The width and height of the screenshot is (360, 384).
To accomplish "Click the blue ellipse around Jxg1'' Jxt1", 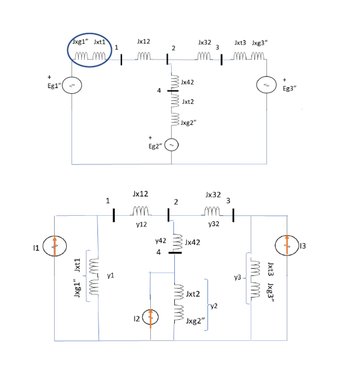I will point(89,53).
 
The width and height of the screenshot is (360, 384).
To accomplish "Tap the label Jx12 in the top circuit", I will point(143,41).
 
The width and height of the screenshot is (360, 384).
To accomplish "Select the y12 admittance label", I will point(142,224).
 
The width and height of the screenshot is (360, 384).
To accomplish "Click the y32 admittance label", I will point(213,224).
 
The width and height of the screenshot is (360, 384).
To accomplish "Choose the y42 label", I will point(160,240).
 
